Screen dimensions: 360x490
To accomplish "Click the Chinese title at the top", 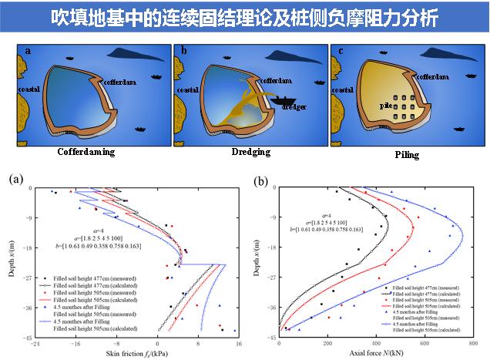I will click(x=245, y=15).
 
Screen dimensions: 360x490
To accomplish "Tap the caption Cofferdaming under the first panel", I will click(x=86, y=152).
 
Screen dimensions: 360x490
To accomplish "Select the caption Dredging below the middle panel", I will click(x=251, y=152).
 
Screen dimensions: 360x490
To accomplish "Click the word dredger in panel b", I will click(x=294, y=107).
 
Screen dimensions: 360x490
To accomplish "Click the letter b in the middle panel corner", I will click(x=184, y=51).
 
